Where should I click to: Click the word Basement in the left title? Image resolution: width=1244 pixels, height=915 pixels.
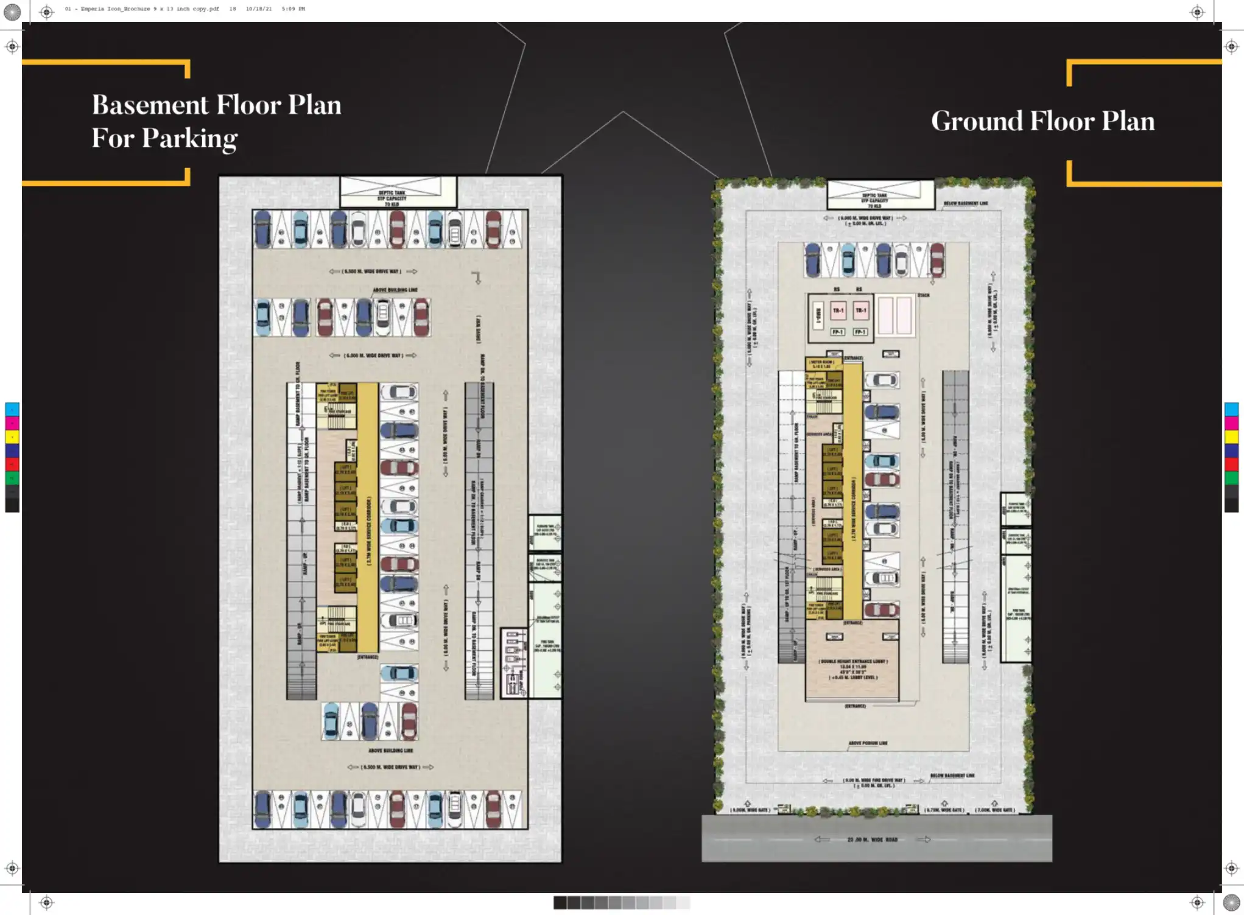pos(150,105)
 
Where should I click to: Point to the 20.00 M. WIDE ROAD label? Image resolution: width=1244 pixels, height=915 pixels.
pos(872,840)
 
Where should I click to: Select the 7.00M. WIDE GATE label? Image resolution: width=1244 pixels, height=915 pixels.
pos(994,810)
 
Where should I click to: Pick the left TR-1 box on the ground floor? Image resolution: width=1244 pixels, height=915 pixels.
pos(838,310)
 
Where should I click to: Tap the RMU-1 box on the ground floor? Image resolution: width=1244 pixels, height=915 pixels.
pos(818,315)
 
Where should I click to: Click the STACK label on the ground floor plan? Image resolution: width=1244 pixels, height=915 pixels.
pos(923,295)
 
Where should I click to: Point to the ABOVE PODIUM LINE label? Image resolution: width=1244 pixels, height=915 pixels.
pos(868,743)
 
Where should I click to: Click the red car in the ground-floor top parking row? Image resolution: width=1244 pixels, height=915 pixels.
pos(937,259)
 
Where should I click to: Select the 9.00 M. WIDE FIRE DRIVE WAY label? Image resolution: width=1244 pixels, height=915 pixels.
pos(874,780)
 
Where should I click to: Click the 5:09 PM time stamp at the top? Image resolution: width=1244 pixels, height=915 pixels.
pos(293,9)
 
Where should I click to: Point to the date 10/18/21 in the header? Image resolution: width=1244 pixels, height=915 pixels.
pos(259,9)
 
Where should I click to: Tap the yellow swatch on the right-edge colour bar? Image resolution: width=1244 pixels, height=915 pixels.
pos(1231,436)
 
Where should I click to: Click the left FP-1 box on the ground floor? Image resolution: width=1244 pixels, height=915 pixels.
pos(838,332)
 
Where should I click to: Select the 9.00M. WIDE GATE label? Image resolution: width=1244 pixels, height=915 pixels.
pos(751,810)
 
